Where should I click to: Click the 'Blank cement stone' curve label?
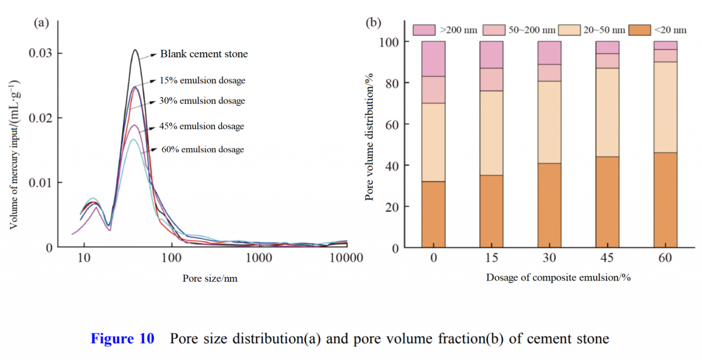(204, 54)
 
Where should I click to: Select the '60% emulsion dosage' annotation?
(202, 150)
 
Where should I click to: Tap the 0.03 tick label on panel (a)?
(40, 53)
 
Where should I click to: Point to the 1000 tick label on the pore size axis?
(258, 258)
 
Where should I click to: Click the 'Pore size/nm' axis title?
(210, 278)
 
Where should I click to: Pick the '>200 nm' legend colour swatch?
(424, 30)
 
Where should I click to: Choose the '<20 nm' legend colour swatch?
(639, 30)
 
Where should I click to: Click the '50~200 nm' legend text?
(532, 30)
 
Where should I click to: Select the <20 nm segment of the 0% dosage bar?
(433, 214)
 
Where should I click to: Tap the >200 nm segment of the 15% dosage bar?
(491, 55)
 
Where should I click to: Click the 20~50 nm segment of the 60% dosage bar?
(665, 107)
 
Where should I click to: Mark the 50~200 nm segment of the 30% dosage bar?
(549, 73)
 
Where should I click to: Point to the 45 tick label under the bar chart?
(607, 258)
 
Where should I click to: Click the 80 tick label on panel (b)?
(392, 83)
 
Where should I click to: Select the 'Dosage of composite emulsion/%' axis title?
(558, 278)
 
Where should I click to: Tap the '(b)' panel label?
(373, 22)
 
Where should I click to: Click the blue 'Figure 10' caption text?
(122, 339)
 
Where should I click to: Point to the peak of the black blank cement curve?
(135, 50)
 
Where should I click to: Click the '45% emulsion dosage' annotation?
(201, 126)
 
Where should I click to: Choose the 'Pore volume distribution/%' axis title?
(369, 137)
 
